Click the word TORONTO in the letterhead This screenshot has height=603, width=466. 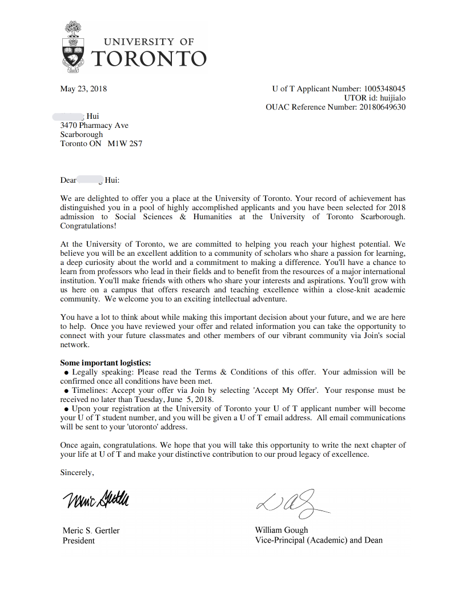(x=148, y=58)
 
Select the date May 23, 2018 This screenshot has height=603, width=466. (x=83, y=89)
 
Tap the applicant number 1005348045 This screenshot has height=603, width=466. (x=385, y=89)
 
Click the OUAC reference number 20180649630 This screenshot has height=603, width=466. (x=382, y=107)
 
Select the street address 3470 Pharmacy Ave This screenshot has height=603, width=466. (x=94, y=125)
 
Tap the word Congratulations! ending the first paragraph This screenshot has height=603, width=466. (x=88, y=226)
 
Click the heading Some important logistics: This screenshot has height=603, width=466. (x=106, y=363)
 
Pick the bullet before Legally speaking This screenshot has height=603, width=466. (x=67, y=372)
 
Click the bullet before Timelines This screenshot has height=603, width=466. (x=67, y=391)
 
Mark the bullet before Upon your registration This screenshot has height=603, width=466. (x=67, y=409)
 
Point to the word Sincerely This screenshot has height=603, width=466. (x=77, y=472)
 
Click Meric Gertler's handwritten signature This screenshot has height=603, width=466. (x=96, y=500)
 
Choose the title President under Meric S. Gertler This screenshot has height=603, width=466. (x=79, y=540)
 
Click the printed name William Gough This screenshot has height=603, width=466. (x=282, y=530)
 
